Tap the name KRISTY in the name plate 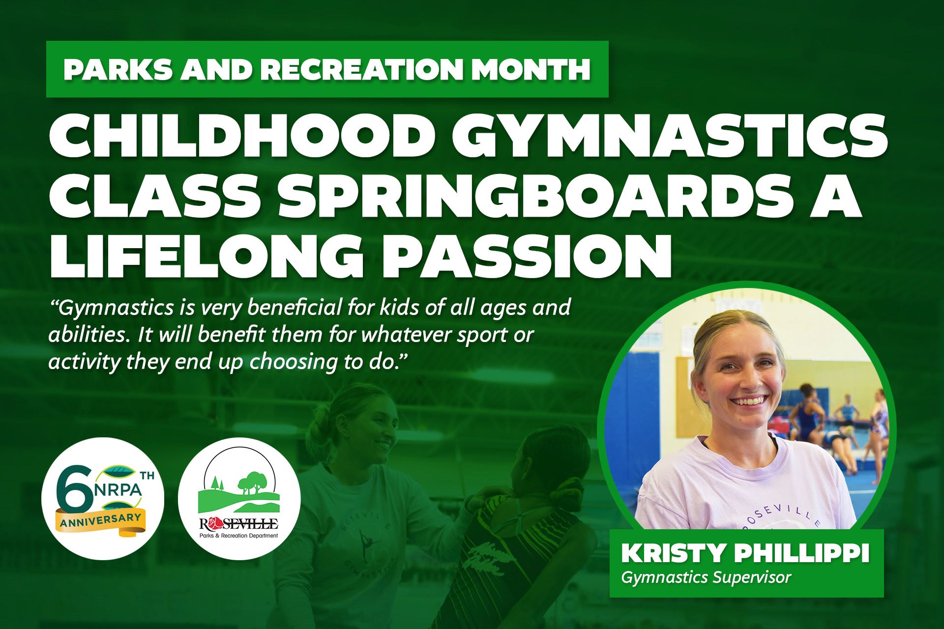point(673,554)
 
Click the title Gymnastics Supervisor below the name point(706,577)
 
